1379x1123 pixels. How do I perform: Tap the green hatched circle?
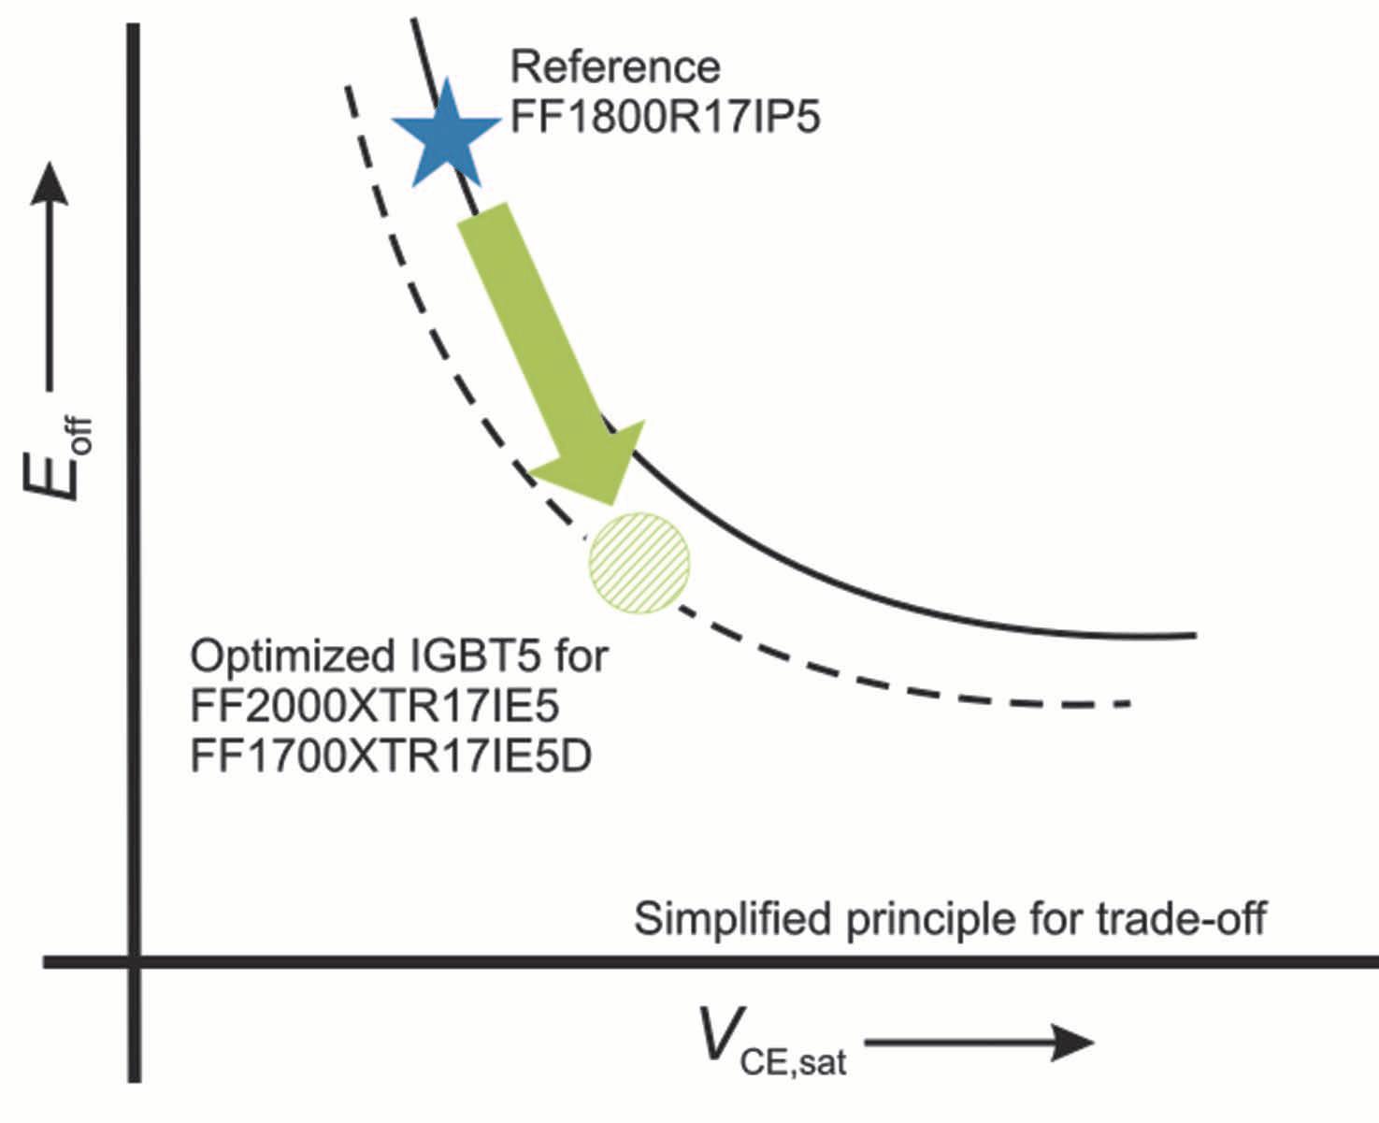click(x=639, y=563)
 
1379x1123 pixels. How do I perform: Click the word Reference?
click(x=615, y=67)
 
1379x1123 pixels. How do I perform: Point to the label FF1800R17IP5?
click(x=665, y=119)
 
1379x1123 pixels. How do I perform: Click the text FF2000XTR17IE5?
click(x=375, y=707)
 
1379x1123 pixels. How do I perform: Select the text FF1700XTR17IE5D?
click(x=391, y=757)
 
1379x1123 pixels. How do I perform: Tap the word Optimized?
click(x=294, y=656)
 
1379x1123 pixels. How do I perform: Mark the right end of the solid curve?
click(x=1194, y=636)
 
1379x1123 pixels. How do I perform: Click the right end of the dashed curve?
click(x=1128, y=702)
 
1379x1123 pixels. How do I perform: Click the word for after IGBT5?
click(x=580, y=656)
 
